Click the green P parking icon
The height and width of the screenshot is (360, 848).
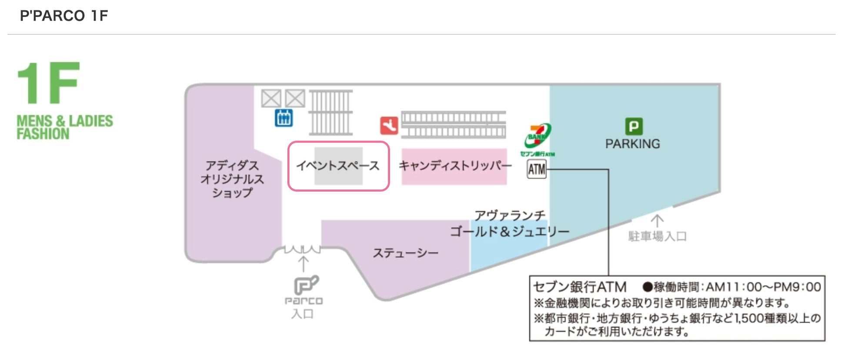point(633,126)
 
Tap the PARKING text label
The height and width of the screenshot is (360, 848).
point(632,144)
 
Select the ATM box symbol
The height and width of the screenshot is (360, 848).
point(536,169)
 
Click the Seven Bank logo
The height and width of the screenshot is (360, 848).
point(538,137)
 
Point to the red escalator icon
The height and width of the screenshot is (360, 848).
point(389,126)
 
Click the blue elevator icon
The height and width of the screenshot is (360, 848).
point(284,118)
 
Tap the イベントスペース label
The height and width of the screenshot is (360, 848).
point(338,166)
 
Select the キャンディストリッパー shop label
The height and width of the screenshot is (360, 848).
point(455,166)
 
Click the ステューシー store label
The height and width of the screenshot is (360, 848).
point(405,253)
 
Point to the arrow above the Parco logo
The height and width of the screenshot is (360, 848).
point(303,263)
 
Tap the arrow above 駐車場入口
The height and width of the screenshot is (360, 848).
point(657,221)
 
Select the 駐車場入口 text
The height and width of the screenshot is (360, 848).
point(657,237)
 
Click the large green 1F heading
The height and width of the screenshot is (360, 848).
point(48,83)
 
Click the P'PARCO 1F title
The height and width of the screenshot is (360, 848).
point(64,16)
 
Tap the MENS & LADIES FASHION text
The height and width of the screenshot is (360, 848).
point(64,127)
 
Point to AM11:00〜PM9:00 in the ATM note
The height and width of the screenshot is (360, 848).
point(763,287)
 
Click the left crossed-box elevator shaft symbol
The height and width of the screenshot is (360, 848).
point(271,98)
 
